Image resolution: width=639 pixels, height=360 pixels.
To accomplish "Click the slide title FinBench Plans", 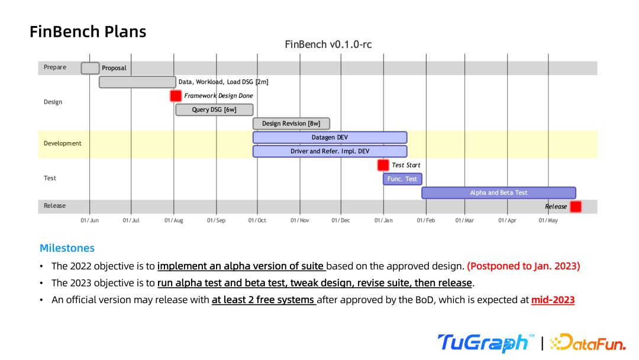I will tap(88, 31).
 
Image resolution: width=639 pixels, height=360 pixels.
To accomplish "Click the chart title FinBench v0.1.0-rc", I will tap(328, 44).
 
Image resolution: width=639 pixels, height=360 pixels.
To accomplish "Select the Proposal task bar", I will tap(90, 68).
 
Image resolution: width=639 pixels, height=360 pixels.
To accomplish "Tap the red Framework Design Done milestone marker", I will tap(176, 96).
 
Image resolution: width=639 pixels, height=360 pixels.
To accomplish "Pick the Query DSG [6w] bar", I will tap(214, 110).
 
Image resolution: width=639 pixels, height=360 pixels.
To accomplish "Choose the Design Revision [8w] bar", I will tap(291, 123).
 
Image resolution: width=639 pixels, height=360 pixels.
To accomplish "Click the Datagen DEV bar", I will tap(330, 137).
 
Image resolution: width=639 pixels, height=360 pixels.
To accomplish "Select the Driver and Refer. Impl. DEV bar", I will tap(330, 151).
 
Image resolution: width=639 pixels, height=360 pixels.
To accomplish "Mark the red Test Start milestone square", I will tap(383, 165).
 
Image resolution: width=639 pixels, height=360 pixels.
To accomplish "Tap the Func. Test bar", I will tap(402, 179).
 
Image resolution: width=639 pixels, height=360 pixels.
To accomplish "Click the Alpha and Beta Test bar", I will tap(498, 192).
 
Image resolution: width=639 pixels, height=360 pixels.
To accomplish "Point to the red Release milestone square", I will tap(576, 207).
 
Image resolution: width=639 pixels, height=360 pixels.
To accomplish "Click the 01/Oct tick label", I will tap(257, 221).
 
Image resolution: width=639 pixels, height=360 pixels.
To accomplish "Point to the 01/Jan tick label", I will tap(383, 221).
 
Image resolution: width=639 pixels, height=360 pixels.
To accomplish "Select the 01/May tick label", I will tap(548, 221).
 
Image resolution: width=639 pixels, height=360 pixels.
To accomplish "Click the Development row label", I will tap(63, 143).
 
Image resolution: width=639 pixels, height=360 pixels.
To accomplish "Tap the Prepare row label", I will tap(55, 67).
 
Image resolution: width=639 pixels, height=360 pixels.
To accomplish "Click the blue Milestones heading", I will tap(67, 248).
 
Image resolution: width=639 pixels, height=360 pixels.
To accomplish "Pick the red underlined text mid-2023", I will tap(553, 300).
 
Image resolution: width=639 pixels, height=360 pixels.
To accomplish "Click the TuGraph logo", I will tap(483, 343).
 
